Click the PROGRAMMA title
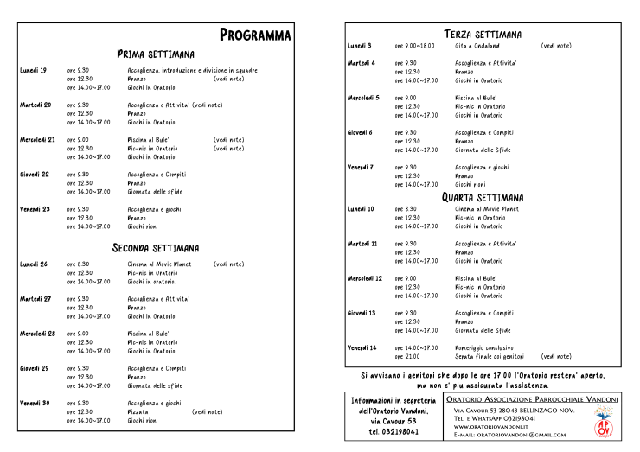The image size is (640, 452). click(x=255, y=35)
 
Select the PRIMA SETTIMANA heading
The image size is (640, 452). click(x=156, y=54)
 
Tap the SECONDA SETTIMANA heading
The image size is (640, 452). click(x=156, y=248)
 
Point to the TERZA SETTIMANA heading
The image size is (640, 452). click(x=483, y=34)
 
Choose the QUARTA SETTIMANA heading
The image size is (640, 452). click(x=483, y=197)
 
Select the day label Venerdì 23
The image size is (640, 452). click(x=35, y=209)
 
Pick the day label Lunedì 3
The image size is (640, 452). click(x=359, y=45)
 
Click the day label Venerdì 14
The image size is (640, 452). click(x=362, y=347)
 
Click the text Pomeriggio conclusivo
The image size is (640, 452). click(x=486, y=347)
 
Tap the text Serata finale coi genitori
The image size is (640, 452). click(x=490, y=356)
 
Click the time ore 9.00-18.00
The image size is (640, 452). click(x=414, y=45)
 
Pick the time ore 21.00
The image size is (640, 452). click(x=407, y=356)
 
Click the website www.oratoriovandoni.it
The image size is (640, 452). click(x=491, y=427)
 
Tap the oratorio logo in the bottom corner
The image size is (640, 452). click(x=606, y=422)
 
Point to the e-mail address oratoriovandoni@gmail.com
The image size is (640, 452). click(x=515, y=436)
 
